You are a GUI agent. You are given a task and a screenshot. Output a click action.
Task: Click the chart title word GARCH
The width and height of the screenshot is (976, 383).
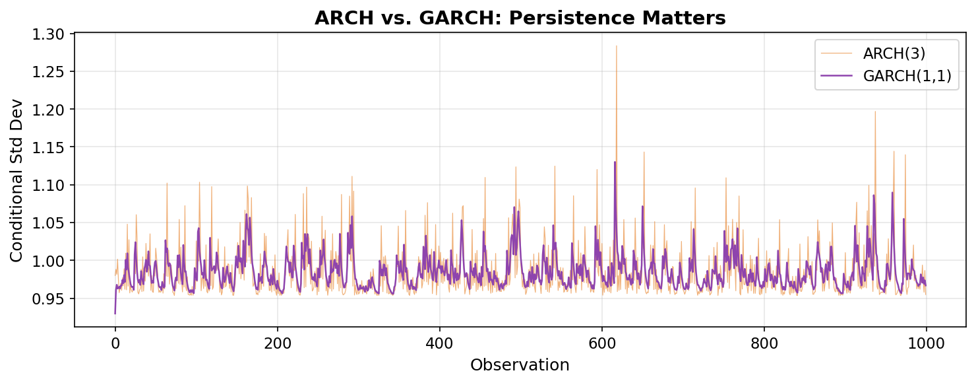[406, 18]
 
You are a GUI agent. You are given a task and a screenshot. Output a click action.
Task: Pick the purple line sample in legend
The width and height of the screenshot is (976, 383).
[836, 77]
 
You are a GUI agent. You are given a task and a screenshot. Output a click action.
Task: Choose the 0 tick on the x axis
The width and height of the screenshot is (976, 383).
[115, 343]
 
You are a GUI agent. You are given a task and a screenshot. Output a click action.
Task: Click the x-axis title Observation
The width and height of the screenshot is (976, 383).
[520, 365]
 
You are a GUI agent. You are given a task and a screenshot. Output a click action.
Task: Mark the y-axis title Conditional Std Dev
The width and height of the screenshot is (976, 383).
[16, 180]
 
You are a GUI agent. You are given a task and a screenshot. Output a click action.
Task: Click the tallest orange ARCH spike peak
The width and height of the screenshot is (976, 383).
[616, 46]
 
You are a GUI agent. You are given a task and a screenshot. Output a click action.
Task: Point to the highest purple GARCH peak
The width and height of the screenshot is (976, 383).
[615, 162]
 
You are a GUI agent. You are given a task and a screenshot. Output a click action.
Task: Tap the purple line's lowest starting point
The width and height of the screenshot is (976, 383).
[115, 314]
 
